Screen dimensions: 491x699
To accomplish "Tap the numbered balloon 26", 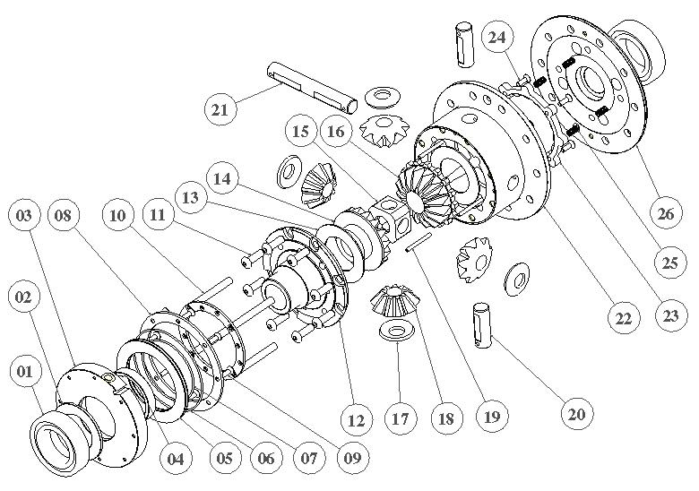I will (664, 214).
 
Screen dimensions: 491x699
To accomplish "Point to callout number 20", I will (576, 413).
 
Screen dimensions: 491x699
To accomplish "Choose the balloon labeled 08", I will (67, 215).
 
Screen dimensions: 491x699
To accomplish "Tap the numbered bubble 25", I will (664, 265).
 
